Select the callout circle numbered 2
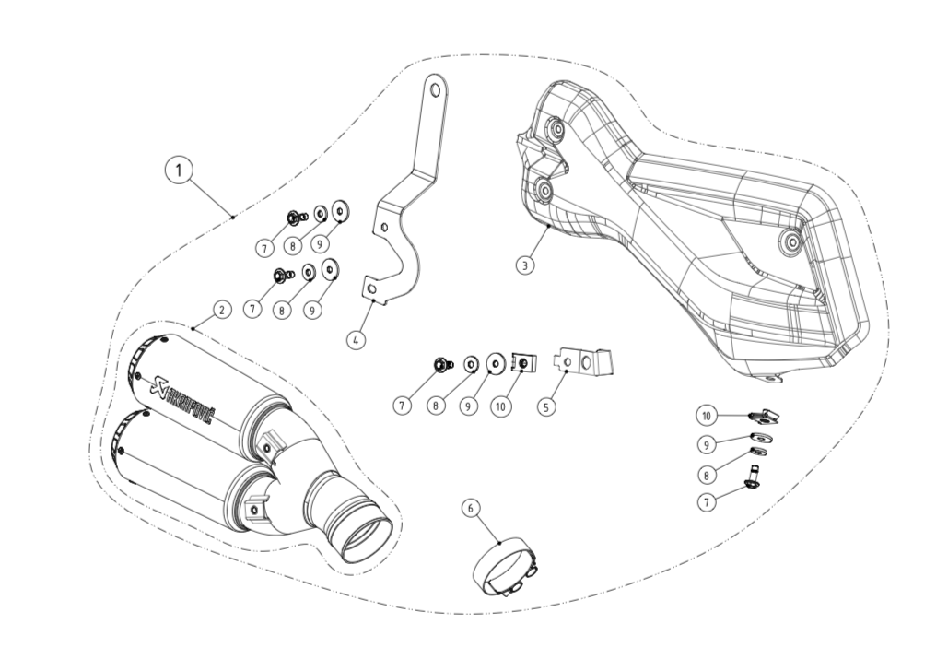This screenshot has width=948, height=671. click(x=221, y=310)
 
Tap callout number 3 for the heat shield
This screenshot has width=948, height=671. click(x=524, y=265)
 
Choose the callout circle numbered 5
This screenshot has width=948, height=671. click(x=547, y=406)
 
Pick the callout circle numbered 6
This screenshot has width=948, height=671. click(x=471, y=508)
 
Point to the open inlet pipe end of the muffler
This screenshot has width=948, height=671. click(x=366, y=539)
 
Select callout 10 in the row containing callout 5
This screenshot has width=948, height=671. click(x=500, y=406)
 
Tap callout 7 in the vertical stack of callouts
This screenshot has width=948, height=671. click(x=707, y=502)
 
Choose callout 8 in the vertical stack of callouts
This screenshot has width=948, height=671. click(x=707, y=475)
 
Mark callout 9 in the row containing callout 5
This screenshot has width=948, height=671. click(x=469, y=406)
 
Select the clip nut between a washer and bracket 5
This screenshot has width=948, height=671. click(x=522, y=363)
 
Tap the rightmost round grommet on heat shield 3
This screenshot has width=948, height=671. click(x=790, y=242)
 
